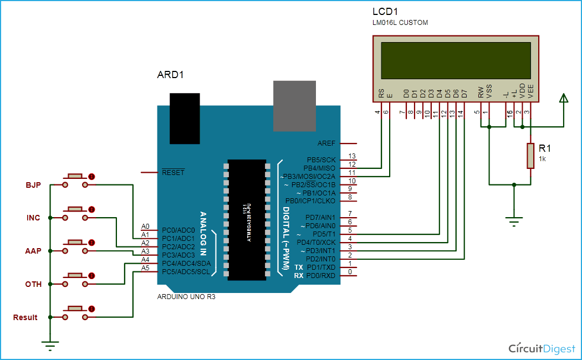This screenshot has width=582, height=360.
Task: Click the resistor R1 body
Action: coord(530,156)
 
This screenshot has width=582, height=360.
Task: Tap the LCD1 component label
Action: coord(385,12)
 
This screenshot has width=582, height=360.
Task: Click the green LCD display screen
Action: coord(456,60)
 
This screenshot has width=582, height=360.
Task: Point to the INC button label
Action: coord(33,218)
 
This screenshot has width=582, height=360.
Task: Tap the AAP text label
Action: coord(33,251)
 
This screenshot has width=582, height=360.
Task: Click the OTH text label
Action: coord(33,284)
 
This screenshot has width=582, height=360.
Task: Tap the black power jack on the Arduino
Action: coord(185,119)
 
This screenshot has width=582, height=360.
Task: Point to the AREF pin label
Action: coord(326,143)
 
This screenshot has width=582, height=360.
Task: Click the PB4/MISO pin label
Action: coord(319,168)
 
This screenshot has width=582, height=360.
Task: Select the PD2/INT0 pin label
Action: coord(320,259)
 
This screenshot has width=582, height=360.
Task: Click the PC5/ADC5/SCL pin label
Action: coord(186,271)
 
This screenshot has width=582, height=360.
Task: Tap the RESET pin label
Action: coord(173,172)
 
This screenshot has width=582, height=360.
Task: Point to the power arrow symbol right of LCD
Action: coord(564,100)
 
